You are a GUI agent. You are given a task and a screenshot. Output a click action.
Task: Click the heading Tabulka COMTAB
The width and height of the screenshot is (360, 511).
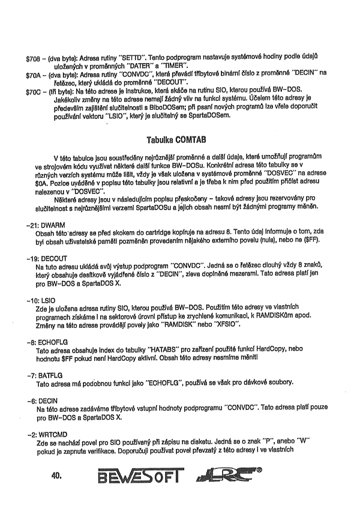180,139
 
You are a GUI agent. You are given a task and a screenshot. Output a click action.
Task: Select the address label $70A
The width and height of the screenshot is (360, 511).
32,74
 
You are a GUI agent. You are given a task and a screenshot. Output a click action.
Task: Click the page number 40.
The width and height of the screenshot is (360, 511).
57,476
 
